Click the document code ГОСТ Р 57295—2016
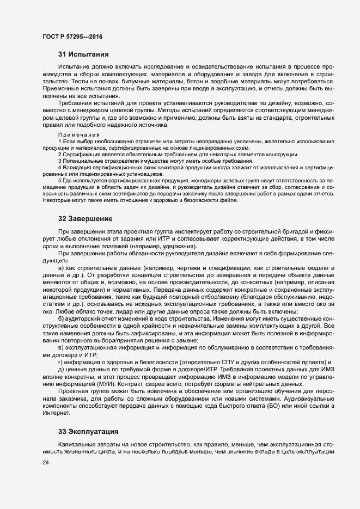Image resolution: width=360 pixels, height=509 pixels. tap(72, 36)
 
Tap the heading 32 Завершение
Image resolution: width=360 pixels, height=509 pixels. tap(86, 219)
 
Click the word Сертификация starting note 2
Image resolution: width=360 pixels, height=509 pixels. tap(80, 155)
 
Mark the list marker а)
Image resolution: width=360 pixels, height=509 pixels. tap(61, 268)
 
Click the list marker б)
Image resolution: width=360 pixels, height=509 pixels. tap(61, 318)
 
